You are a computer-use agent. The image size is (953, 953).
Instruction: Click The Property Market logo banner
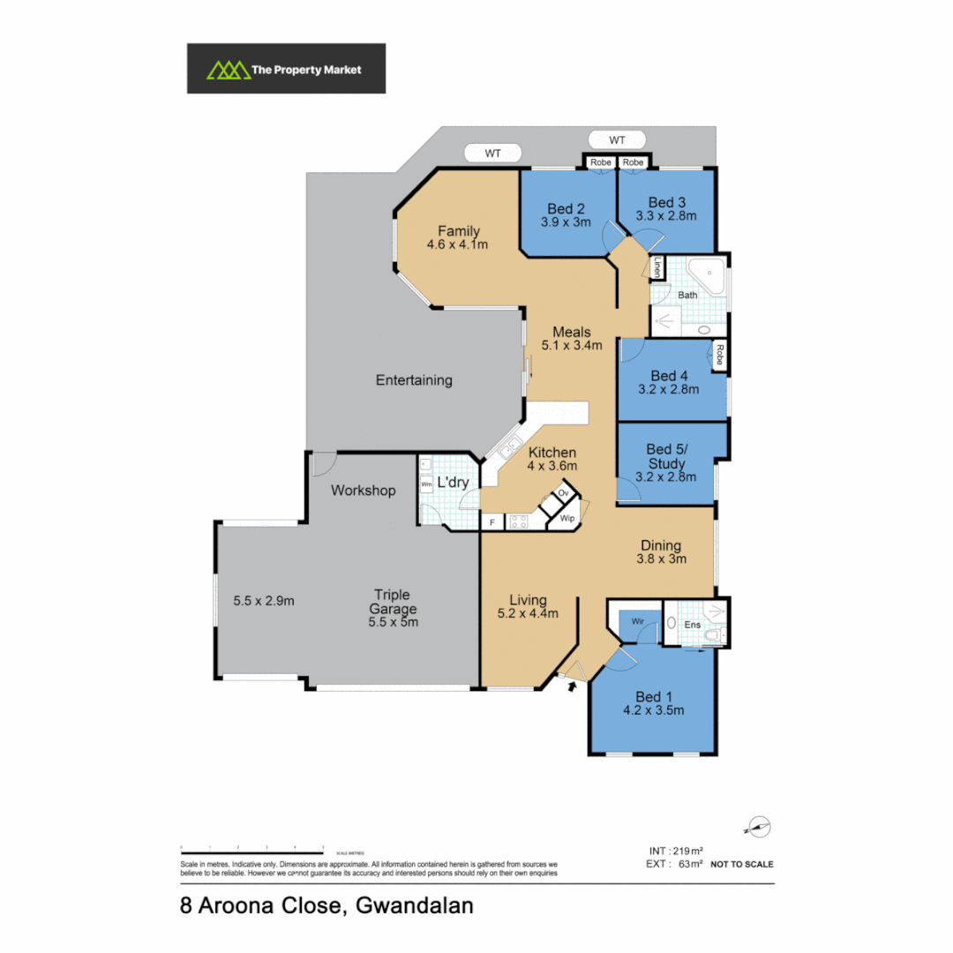[286, 69]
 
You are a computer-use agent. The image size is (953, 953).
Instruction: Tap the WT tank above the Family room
[492, 154]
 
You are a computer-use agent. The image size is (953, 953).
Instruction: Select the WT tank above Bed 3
[617, 139]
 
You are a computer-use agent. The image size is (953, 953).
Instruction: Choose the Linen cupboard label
[657, 268]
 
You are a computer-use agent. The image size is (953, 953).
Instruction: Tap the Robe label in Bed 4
[720, 355]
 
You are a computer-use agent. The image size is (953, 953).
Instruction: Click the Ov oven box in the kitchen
[563, 493]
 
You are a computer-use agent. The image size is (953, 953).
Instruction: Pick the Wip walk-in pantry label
[566, 521]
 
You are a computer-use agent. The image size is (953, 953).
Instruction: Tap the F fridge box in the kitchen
[492, 522]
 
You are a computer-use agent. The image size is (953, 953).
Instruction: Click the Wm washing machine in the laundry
[426, 485]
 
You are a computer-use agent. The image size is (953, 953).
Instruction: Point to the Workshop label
[364, 491]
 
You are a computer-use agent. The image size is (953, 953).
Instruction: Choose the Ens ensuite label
[694, 625]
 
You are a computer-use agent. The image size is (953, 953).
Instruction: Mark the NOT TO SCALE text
[741, 864]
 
